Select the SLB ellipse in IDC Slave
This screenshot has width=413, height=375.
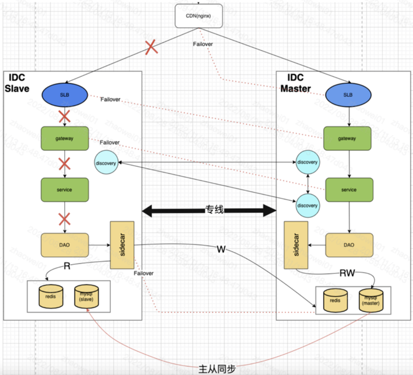tap(65, 94)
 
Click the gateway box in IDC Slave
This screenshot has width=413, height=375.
tap(65, 139)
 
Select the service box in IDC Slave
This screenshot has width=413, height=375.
tap(65, 190)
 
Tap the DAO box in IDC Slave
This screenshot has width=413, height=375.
tap(65, 244)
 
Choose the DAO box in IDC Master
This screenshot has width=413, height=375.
tap(349, 244)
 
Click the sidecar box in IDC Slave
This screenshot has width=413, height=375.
tap(121, 244)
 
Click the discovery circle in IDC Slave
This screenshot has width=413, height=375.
tap(106, 163)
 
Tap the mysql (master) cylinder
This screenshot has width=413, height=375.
tap(371, 299)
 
